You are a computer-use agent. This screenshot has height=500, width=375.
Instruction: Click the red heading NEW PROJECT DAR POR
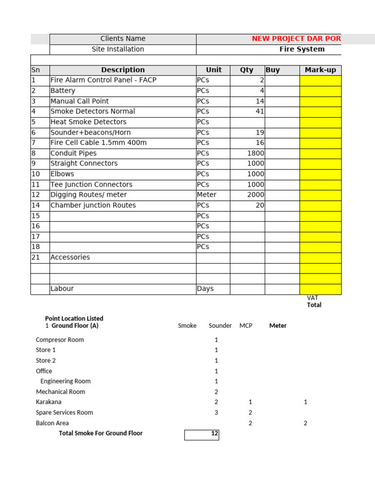(296, 39)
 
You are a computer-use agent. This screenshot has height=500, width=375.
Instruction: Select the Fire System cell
(302, 49)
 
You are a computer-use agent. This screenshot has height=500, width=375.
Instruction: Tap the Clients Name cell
(123, 39)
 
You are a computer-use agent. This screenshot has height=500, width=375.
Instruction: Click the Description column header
(123, 70)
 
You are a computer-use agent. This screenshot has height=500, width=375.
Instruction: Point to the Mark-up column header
(320, 70)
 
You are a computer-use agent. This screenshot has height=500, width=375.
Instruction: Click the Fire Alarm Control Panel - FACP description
(104, 80)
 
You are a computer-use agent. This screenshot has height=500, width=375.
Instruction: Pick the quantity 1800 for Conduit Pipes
(255, 153)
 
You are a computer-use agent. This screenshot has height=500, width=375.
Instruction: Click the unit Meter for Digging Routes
(207, 195)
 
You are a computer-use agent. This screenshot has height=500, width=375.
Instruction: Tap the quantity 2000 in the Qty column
(255, 195)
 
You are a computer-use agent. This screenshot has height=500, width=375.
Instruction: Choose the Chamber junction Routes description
(93, 206)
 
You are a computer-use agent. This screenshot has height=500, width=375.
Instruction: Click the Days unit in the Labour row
(206, 289)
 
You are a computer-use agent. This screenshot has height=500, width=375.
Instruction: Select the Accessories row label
(70, 257)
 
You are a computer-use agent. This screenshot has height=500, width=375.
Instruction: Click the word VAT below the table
(312, 298)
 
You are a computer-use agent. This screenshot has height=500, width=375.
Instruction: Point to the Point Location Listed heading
(74, 318)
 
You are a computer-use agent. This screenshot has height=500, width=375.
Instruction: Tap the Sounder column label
(220, 326)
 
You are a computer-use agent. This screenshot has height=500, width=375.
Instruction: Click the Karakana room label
(49, 402)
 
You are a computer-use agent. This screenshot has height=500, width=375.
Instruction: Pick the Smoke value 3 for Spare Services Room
(216, 413)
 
